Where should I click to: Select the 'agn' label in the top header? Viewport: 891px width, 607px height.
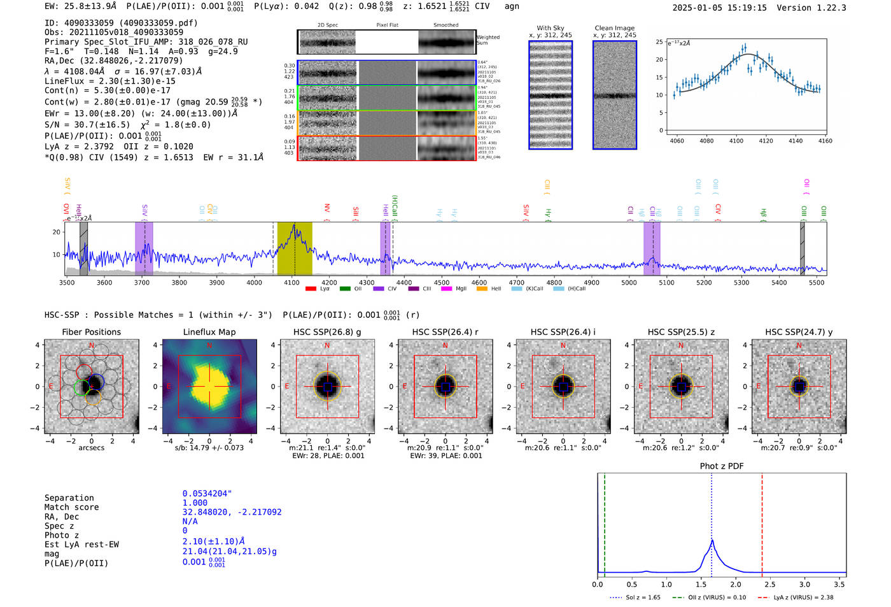point(512,6)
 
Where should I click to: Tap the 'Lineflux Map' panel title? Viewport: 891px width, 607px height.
point(209,332)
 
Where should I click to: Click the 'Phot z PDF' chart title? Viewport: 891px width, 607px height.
point(722,466)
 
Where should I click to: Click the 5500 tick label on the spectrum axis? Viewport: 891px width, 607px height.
point(817,282)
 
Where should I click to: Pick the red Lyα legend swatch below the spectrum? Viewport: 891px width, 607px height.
point(311,289)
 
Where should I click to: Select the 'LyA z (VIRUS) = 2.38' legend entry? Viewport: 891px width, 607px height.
point(803,597)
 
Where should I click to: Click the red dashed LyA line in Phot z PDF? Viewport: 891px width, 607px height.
point(762,522)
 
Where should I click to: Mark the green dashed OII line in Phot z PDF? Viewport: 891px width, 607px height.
point(605,522)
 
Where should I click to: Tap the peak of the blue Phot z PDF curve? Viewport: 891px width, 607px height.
point(712,541)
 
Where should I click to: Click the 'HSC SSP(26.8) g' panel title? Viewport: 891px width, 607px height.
point(327,332)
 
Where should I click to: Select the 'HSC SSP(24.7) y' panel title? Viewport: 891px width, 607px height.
point(799,332)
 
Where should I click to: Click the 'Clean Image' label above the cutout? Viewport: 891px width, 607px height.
point(614,28)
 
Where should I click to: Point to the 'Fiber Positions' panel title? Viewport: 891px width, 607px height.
point(91,332)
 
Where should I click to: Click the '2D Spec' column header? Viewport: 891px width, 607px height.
point(327,25)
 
